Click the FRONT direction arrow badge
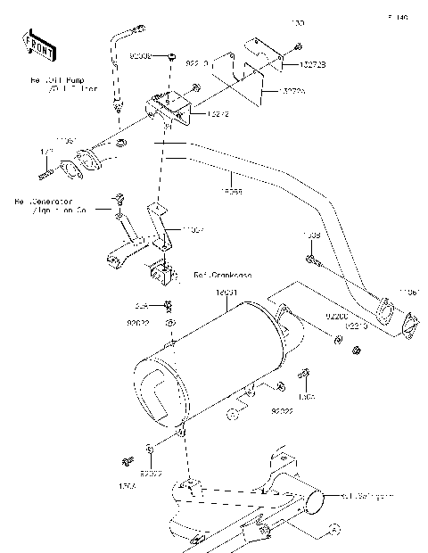(x=35, y=45)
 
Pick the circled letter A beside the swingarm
(x=336, y=529)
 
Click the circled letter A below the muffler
(x=230, y=413)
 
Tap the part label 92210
(x=356, y=326)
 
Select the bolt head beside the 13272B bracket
(x=298, y=46)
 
